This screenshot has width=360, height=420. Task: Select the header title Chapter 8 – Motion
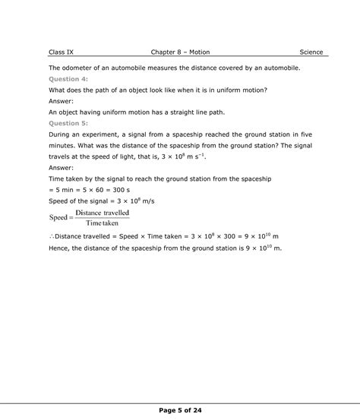(180, 52)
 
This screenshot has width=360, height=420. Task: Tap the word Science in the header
(311, 52)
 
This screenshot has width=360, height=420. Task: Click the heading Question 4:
(68, 79)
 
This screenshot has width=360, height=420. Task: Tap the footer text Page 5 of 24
(180, 411)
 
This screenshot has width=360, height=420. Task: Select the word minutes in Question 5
(62, 144)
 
